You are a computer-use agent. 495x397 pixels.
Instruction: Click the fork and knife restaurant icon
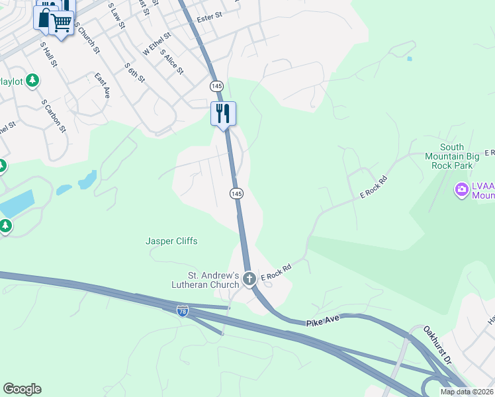223,113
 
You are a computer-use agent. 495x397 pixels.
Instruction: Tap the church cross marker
249,279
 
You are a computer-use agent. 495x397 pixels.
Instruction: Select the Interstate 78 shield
182,310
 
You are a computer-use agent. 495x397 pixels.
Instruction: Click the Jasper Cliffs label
171,242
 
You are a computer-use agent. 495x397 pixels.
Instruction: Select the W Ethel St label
157,43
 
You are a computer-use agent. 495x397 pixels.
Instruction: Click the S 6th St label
134,73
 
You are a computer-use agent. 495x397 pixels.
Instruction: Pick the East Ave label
102,86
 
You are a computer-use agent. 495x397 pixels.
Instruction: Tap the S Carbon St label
54,116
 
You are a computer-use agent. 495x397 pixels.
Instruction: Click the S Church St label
87,38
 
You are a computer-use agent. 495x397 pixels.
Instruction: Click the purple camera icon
461,191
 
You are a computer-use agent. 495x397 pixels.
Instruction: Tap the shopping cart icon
62,22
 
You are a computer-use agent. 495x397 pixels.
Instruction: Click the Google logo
22,389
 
